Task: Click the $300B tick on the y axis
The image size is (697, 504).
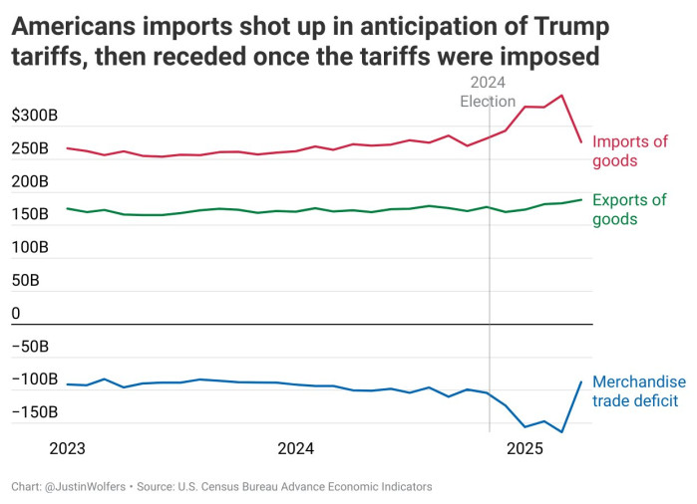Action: point(35,117)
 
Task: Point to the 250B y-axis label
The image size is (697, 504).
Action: point(30,149)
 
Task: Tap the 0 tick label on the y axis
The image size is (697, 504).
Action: point(16,314)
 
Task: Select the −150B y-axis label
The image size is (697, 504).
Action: point(35,412)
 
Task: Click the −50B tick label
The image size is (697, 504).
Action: point(30,347)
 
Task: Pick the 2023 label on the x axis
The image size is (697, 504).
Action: point(68,448)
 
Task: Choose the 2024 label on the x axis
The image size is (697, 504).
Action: point(296,448)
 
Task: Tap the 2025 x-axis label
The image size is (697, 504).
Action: point(525,448)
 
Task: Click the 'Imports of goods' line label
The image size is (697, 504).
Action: point(629,151)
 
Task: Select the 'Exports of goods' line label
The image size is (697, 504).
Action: point(629,209)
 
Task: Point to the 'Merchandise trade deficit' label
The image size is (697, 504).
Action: point(639,390)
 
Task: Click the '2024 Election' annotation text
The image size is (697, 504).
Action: point(488,92)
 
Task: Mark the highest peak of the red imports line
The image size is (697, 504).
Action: point(562,96)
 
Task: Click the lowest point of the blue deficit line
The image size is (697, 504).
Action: point(562,432)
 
